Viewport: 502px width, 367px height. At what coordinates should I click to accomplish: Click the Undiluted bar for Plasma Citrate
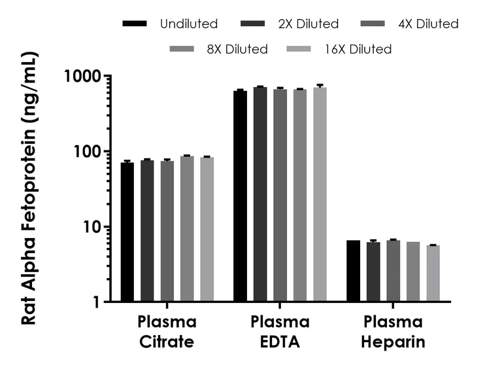[x=127, y=232]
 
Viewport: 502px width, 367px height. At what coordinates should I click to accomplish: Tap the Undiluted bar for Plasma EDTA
[x=241, y=196]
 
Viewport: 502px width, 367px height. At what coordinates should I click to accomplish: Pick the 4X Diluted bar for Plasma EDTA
[x=280, y=196]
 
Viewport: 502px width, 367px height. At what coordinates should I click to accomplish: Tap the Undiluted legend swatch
[x=135, y=24]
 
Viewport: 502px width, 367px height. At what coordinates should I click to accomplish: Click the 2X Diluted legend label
[x=309, y=24]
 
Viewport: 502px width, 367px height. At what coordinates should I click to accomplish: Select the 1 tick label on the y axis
[x=98, y=302]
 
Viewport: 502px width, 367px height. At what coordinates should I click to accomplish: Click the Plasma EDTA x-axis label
[x=280, y=332]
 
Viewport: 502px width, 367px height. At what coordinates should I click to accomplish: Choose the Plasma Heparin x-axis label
[x=393, y=332]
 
